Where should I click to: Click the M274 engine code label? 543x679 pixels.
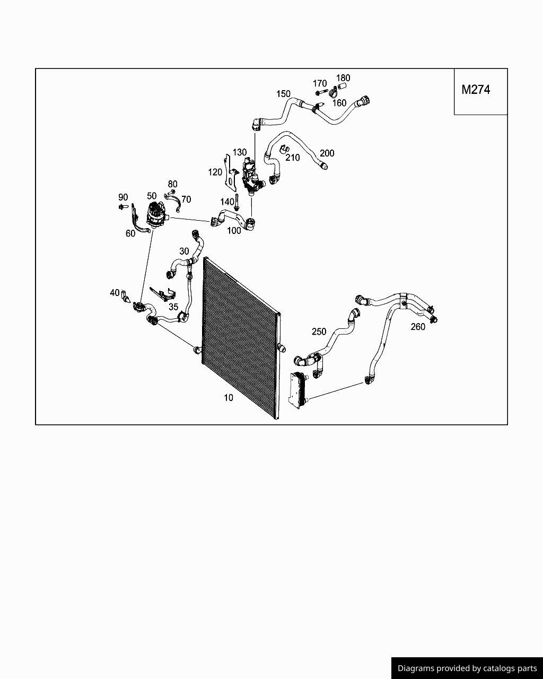[476, 90]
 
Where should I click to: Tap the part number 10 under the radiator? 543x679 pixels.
[229, 398]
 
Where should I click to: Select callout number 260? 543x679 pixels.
[418, 327]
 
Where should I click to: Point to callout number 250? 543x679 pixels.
[319, 332]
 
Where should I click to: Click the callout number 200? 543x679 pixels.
[327, 153]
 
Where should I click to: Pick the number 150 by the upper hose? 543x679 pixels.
[283, 94]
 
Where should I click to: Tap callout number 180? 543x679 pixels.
[343, 77]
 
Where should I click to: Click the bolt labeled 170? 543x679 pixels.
[320, 93]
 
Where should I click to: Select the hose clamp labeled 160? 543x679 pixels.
[333, 93]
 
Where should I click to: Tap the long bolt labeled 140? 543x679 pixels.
[237, 202]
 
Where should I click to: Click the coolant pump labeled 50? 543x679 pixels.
[156, 214]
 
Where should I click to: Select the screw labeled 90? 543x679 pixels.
[124, 207]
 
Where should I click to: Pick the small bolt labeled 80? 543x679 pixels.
[172, 191]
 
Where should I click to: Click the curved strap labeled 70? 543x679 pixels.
[173, 201]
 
